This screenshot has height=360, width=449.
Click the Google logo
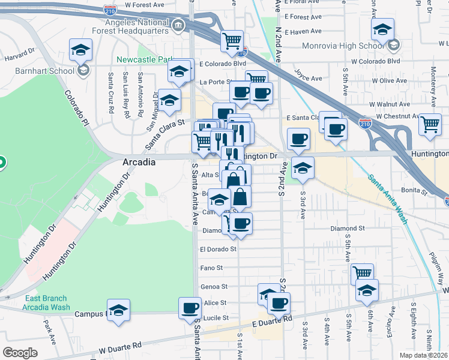[20, 353]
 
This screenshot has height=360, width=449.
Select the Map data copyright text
[424, 355]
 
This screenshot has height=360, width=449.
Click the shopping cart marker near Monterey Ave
[430, 124]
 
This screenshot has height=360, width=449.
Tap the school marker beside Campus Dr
[119, 310]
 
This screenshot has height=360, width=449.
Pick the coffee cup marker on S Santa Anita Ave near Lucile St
[190, 308]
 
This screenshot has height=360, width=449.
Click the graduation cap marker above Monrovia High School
[382, 29]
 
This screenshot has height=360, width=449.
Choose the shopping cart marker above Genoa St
[362, 274]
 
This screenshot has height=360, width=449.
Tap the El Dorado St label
[218, 248]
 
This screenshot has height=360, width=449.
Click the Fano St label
[211, 268]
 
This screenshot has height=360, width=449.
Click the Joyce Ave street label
[307, 76]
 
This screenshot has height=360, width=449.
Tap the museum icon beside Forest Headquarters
[178, 25]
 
